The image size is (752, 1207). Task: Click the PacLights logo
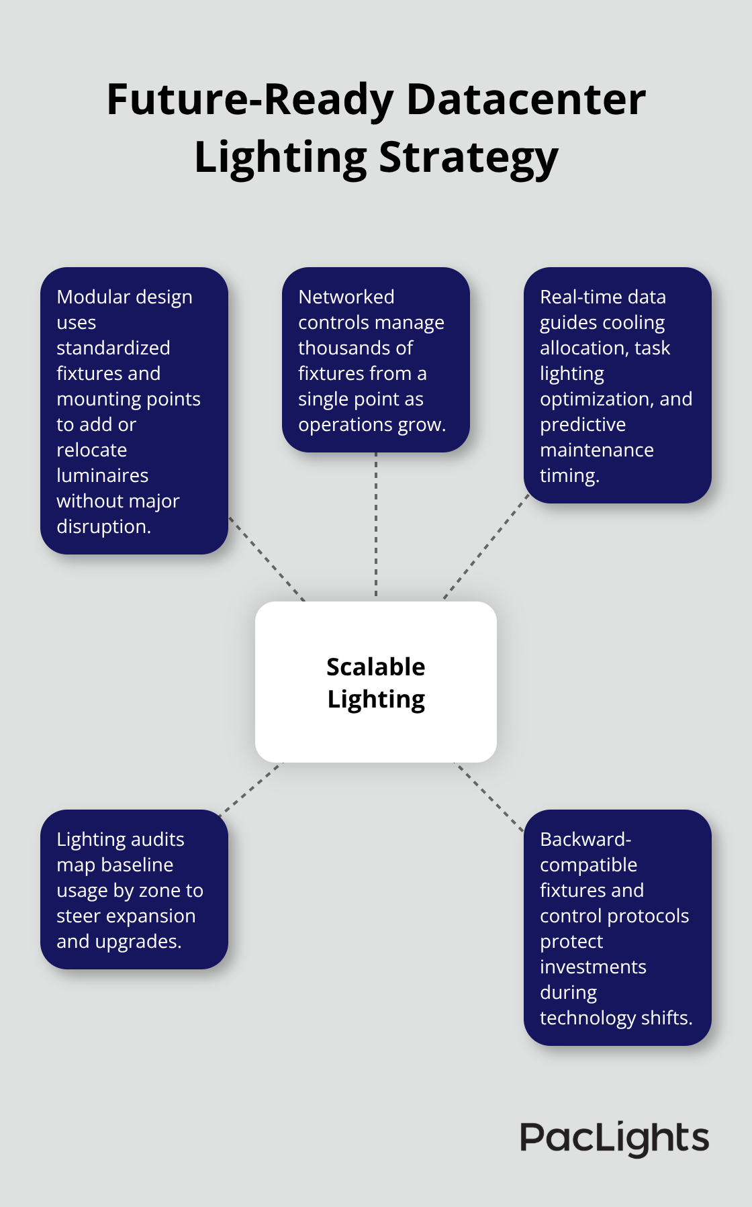tap(614, 1139)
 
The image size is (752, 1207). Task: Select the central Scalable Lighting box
tap(376, 682)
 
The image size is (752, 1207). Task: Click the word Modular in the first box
tap(91, 297)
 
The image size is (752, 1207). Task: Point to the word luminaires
tap(102, 475)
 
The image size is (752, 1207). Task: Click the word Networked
tap(346, 297)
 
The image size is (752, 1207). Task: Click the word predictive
tap(582, 424)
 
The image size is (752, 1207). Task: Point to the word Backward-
tap(585, 839)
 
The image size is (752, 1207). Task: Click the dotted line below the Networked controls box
tap(376, 524)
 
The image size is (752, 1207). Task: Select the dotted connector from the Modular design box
tap(267, 559)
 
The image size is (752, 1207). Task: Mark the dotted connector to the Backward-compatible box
tap(490, 797)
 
